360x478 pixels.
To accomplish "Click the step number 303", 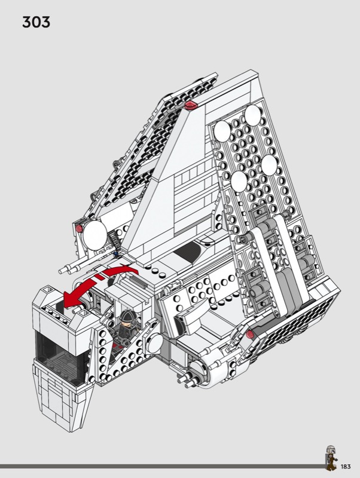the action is (36, 22).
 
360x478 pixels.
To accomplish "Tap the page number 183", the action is (346, 467).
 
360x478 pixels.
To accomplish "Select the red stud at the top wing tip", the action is (191, 105).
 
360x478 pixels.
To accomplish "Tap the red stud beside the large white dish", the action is (80, 228).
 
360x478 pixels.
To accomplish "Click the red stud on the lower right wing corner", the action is (249, 335).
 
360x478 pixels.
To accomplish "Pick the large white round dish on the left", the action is (95, 235).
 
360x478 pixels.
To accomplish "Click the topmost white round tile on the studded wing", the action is (252, 115).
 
